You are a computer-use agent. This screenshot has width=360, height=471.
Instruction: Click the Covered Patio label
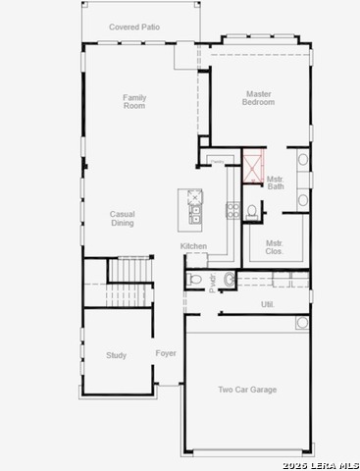(134, 27)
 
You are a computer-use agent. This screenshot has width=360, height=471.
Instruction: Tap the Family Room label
(134, 101)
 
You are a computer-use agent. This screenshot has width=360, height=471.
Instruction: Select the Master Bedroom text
(259, 98)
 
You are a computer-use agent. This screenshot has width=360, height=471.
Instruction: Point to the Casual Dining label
(122, 218)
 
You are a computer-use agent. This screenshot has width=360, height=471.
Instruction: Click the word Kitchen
(193, 246)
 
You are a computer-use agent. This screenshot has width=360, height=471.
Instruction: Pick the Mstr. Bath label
(276, 183)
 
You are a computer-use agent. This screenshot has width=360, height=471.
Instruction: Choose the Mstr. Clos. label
(275, 247)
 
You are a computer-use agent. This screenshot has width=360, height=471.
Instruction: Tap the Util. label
(267, 304)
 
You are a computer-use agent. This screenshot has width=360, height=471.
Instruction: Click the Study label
(117, 355)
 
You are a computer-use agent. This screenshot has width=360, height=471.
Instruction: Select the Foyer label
(166, 353)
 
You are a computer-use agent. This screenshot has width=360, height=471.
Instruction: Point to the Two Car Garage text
(247, 390)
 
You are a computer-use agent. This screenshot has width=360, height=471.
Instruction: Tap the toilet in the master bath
(252, 210)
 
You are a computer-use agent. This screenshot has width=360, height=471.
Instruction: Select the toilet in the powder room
(196, 281)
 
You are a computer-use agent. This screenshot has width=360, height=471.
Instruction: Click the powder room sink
(230, 281)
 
